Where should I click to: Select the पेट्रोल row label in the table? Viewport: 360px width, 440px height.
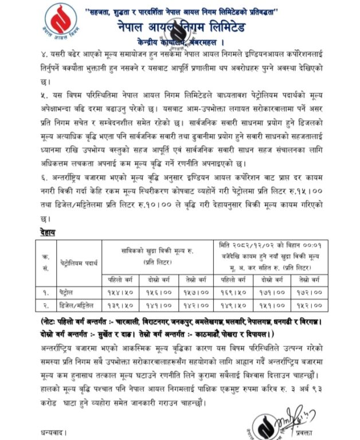click(69, 292)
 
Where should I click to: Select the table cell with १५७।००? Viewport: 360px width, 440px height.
click(195, 292)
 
